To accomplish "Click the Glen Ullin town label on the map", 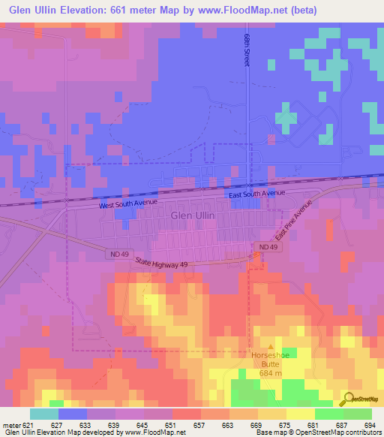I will [193, 215].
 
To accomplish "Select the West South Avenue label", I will [130, 203].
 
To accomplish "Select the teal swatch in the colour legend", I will [44, 413].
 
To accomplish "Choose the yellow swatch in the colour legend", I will [301, 413].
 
